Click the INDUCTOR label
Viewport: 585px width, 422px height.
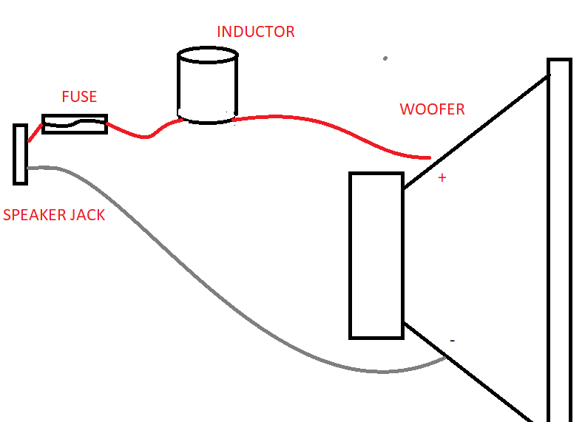coord(255,32)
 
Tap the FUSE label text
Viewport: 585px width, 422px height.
coord(79,97)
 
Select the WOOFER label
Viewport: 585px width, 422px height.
coord(432,109)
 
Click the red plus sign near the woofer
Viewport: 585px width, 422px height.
coord(442,178)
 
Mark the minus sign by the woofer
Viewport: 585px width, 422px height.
coord(452,341)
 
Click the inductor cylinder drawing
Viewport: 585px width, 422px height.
coord(208,87)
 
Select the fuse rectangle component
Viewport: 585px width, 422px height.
coord(75,123)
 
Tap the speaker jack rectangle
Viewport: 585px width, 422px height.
coord(20,154)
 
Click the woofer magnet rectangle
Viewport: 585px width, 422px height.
coord(376,255)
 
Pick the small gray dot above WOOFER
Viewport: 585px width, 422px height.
coord(385,58)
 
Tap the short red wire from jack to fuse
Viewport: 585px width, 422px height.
coord(35,134)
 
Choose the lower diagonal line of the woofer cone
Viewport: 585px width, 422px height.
coord(473,374)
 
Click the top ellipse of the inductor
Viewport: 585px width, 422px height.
coord(208,55)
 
